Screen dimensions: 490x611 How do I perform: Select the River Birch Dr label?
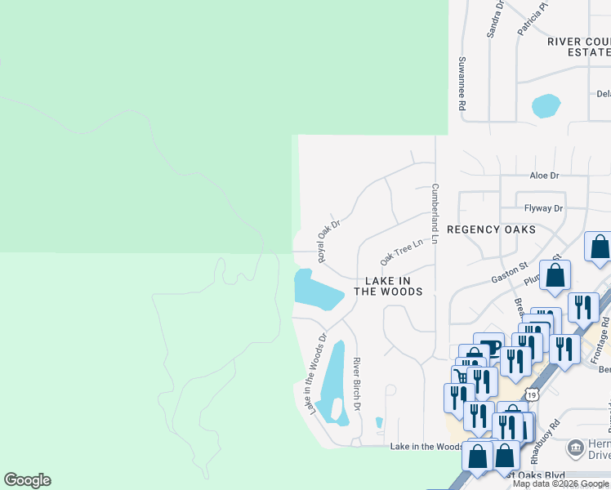pyautogui.click(x=357, y=385)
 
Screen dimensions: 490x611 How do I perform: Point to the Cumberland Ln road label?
pyautogui.click(x=435, y=214)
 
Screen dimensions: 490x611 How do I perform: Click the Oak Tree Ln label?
pyautogui.click(x=402, y=252)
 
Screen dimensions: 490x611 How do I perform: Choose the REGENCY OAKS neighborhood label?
pyautogui.click(x=492, y=229)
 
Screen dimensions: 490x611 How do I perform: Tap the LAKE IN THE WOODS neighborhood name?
pyautogui.click(x=388, y=286)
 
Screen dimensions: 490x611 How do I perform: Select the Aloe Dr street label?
pyautogui.click(x=544, y=176)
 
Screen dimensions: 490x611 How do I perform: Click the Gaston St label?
pyautogui.click(x=511, y=274)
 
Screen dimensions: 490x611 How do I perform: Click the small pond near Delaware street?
pyautogui.click(x=546, y=106)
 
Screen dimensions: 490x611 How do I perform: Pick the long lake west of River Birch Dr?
pyautogui.click(x=335, y=380)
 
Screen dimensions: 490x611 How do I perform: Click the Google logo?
pyautogui.click(x=27, y=480)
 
